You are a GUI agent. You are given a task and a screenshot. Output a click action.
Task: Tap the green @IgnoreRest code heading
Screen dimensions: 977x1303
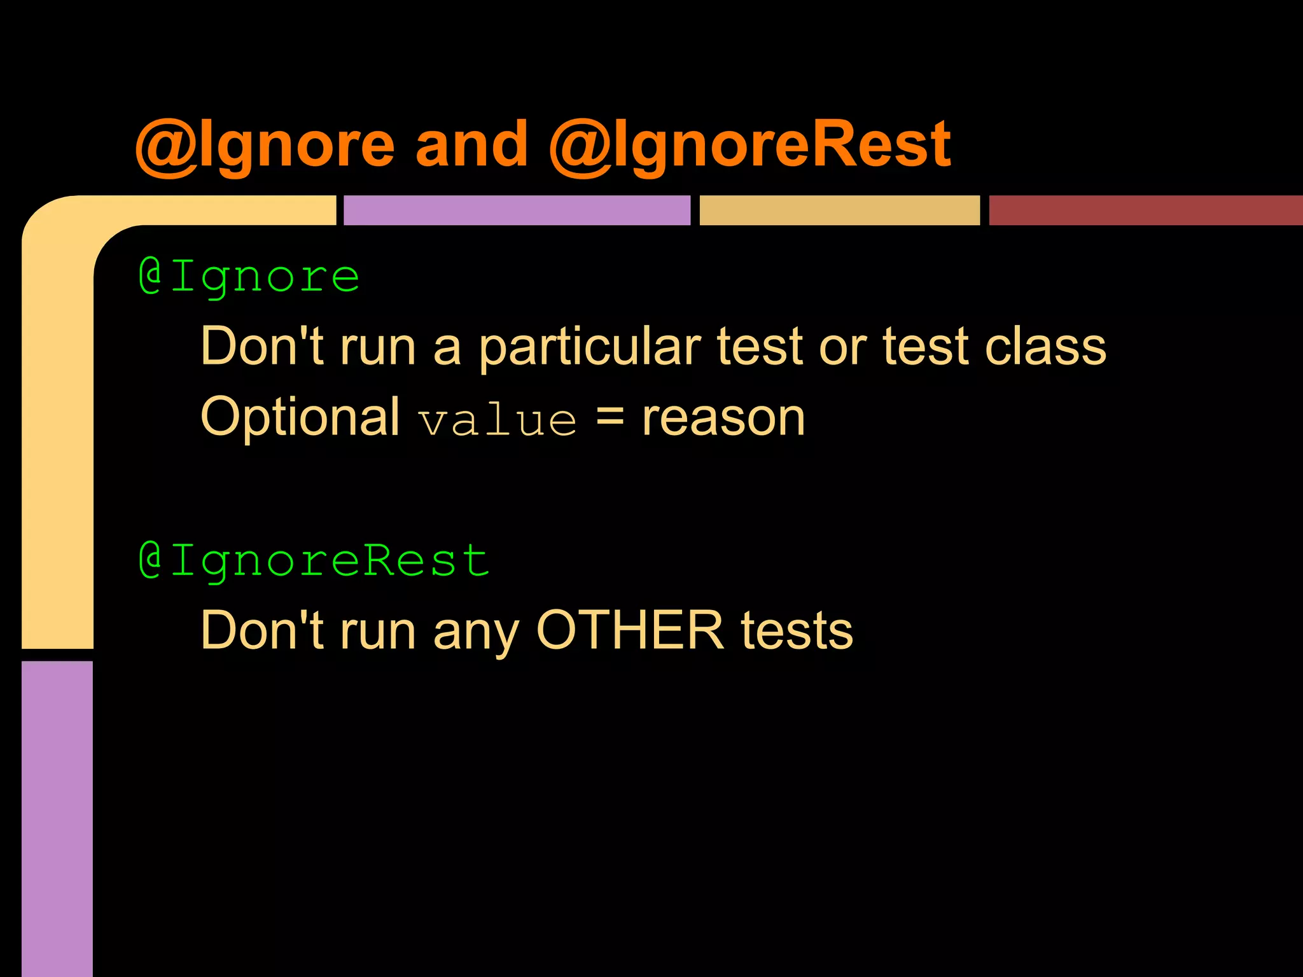click(x=314, y=561)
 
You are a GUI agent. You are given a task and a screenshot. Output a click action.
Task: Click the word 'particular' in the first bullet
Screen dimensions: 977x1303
click(x=590, y=347)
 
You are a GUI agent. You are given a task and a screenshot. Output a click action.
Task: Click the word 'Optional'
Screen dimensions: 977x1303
click(x=300, y=417)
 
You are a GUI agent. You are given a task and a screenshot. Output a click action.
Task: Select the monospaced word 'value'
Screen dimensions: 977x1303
click(x=498, y=421)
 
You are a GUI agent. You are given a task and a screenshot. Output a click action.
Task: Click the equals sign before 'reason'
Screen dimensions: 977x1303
click(x=610, y=419)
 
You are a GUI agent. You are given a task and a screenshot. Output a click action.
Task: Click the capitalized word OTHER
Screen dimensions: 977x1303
click(x=631, y=630)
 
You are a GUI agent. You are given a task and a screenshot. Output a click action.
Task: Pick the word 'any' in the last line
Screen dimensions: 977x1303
click(x=477, y=634)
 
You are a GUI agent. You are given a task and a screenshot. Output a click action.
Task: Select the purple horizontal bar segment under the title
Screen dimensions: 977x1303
click(x=517, y=211)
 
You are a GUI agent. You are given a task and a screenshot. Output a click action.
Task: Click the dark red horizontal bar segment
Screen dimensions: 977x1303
click(x=1145, y=211)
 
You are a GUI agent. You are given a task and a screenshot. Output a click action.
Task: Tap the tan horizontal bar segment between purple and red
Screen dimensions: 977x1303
click(x=840, y=211)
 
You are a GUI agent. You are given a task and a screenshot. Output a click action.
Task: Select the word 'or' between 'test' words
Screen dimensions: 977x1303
click(x=842, y=349)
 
